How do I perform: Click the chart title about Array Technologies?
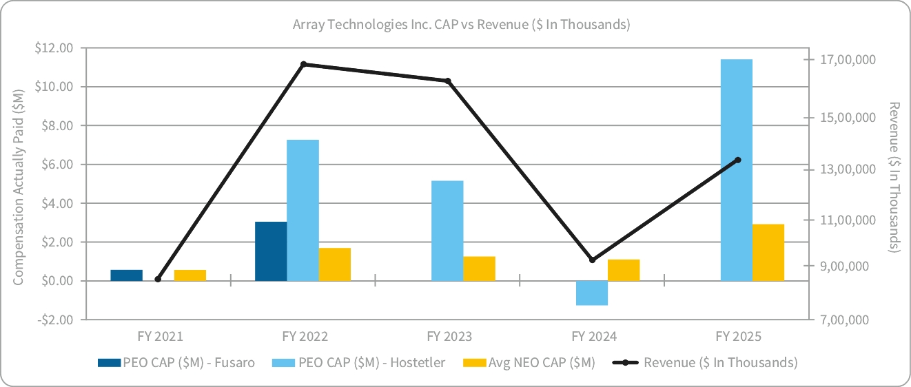(x=461, y=24)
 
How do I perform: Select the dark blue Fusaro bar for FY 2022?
(x=271, y=251)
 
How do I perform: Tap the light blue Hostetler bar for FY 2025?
(x=736, y=170)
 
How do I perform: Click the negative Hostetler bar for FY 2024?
(x=592, y=293)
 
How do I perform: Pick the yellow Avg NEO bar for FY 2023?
(x=479, y=269)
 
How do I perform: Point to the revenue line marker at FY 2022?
(x=304, y=64)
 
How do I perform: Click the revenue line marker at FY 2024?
(x=592, y=260)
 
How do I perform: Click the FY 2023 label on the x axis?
(x=449, y=337)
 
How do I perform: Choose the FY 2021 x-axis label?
(x=160, y=337)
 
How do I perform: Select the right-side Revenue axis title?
(x=894, y=177)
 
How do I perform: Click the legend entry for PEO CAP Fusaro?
(x=176, y=362)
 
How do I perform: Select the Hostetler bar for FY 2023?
(x=447, y=231)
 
